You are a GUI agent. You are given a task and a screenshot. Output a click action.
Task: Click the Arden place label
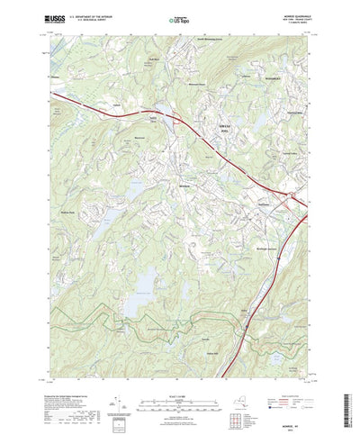242,311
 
